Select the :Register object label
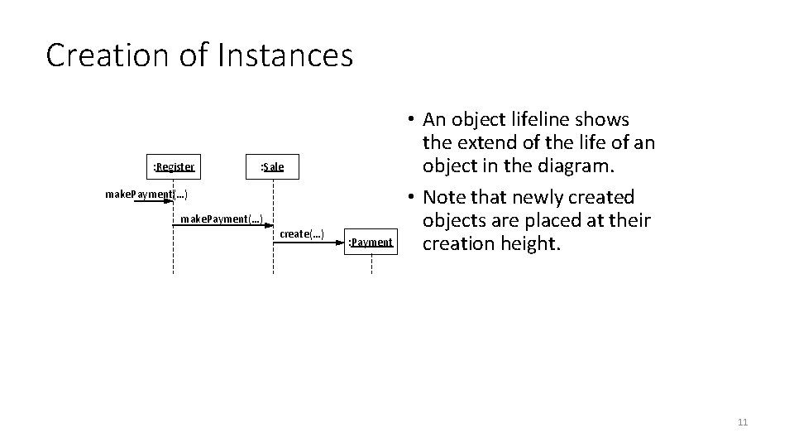[174, 167]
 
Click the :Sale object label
[272, 167]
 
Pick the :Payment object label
[371, 242]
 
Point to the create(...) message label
[302, 233]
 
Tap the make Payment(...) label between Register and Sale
[222, 219]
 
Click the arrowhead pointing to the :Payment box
[340, 242]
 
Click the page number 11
[742, 423]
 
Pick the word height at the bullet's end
[529, 244]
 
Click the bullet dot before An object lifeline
[410, 121]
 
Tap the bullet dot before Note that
[410, 198]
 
